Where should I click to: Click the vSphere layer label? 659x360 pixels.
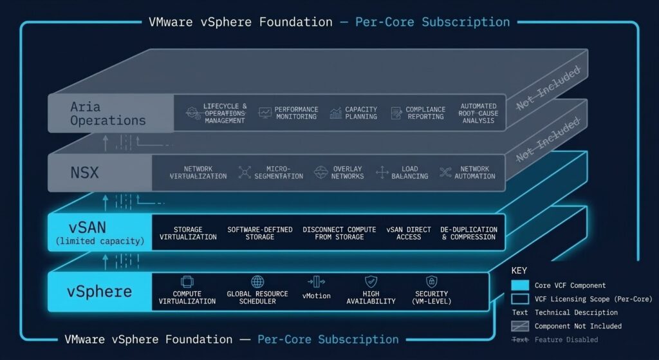point(100,291)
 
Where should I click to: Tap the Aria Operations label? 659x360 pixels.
point(107,113)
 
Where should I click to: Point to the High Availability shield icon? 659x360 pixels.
point(371,282)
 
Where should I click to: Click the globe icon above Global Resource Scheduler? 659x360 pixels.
point(257,282)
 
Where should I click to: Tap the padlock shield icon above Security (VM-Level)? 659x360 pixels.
point(432,281)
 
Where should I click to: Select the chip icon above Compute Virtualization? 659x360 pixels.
point(187,282)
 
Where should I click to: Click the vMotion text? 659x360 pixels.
point(315,296)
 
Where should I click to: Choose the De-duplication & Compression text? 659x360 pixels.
point(468,233)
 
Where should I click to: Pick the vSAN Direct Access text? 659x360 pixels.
point(409,233)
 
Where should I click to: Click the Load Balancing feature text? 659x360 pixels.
point(409,173)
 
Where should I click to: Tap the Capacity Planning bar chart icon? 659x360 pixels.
point(336,113)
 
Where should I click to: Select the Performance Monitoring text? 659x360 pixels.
point(296,113)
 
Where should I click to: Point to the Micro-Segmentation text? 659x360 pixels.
point(279,173)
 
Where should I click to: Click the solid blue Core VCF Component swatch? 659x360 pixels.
point(519,285)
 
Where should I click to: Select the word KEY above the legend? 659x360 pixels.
point(519,270)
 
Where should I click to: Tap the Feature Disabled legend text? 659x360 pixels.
point(566,339)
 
